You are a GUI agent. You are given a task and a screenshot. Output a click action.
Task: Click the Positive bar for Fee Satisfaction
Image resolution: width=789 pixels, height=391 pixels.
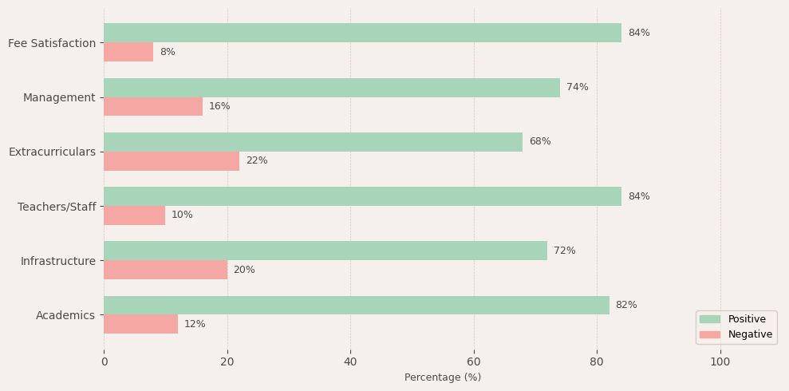coord(362,33)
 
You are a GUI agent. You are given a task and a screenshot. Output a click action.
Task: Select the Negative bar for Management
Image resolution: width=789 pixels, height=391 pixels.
coord(153,107)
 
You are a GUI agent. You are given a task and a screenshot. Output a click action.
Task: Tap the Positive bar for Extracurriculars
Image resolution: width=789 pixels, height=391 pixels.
coord(313,142)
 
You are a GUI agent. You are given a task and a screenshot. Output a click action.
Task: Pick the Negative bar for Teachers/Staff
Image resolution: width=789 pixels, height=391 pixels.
coord(134,215)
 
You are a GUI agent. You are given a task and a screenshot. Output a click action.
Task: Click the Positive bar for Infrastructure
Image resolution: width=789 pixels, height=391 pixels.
coord(325,251)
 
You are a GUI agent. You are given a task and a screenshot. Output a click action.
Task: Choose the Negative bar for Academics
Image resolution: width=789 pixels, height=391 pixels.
coord(140,324)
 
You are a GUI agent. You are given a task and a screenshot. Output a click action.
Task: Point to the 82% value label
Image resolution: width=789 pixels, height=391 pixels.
coord(626,305)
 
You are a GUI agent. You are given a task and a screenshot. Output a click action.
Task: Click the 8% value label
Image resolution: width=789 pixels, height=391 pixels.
coord(168,52)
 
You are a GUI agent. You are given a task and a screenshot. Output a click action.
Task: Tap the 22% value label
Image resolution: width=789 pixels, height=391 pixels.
coord(257,161)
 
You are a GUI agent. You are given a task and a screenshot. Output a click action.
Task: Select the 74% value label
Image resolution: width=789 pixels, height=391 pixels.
coord(578,88)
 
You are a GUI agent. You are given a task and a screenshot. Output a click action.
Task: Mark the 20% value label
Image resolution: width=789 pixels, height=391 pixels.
coord(244,270)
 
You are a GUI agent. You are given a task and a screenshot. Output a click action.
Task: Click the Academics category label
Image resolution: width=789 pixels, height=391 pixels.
coord(65,315)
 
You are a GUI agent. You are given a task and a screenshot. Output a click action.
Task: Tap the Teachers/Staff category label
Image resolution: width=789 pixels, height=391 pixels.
coord(57,207)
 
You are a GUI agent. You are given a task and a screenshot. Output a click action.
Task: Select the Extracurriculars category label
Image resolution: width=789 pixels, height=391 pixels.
coord(52,152)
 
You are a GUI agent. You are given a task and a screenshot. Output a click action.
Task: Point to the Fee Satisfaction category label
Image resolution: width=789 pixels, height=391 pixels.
coord(52,43)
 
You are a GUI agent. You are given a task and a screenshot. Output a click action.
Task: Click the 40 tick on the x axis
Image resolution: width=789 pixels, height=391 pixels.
coord(350,361)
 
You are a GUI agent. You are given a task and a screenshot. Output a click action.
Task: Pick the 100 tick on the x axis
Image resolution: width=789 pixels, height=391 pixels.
coord(720,361)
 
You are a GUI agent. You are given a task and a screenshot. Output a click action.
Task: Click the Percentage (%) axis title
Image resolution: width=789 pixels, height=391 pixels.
coord(443,377)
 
